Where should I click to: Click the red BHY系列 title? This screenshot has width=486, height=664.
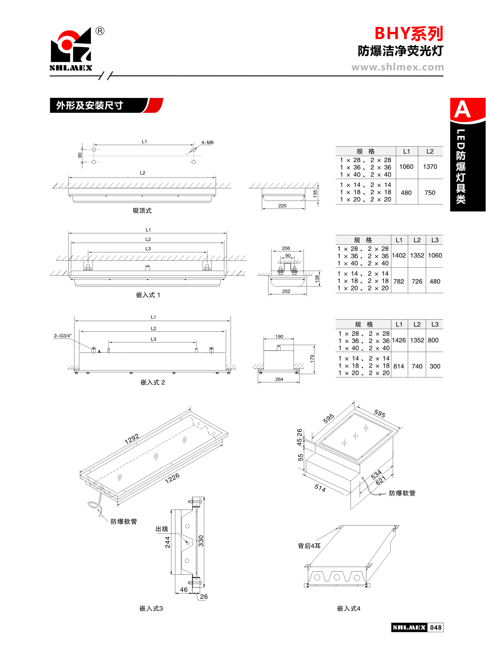point(409,34)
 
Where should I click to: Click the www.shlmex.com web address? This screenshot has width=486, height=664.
point(397,67)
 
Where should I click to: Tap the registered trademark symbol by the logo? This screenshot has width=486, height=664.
point(100,31)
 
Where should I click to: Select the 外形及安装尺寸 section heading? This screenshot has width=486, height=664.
point(89,105)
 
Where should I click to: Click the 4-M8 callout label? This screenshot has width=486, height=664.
point(207,143)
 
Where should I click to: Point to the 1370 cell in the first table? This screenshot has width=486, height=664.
point(430,167)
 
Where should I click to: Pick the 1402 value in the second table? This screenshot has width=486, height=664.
point(399,255)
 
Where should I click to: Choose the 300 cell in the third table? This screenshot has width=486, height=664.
point(435,366)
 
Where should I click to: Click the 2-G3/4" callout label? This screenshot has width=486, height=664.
point(63,336)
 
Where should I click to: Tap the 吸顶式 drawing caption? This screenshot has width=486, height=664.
point(142,211)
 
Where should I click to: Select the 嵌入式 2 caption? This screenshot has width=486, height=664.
point(153,382)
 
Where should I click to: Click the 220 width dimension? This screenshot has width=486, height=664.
point(282,206)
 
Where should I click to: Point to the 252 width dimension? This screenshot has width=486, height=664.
point(286,291)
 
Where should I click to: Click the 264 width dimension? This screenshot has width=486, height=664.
point(279,379)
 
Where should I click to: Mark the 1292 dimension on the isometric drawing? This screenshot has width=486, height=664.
point(132,439)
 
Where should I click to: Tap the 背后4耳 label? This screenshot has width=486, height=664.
point(309,546)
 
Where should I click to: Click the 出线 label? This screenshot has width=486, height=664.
point(162,529)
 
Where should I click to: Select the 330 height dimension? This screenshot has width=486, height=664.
point(201,541)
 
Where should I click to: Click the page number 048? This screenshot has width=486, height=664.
point(436,627)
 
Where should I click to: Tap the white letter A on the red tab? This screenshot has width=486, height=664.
point(463,110)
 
